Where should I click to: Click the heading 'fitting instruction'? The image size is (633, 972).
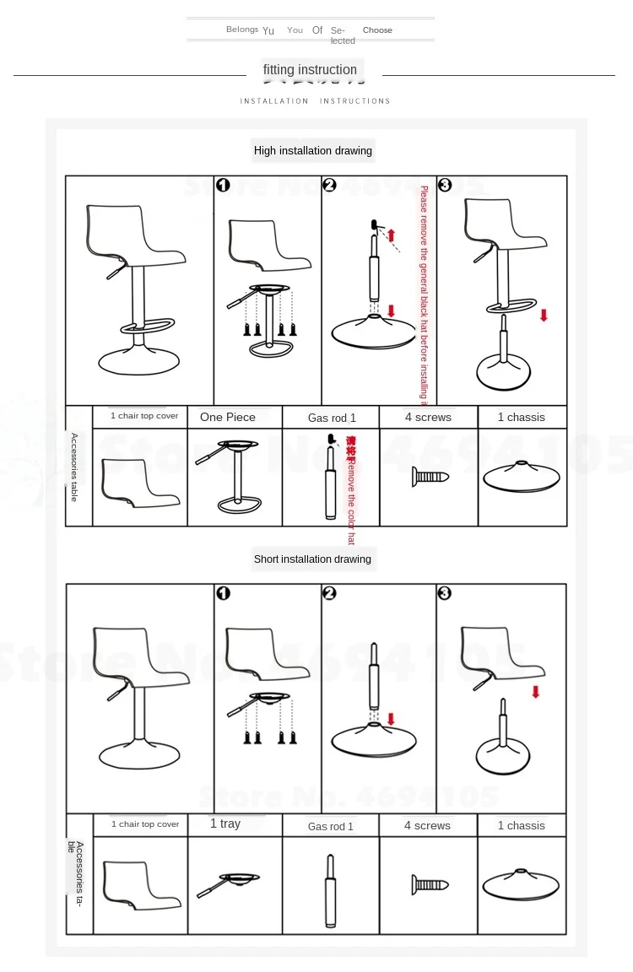[x=310, y=70]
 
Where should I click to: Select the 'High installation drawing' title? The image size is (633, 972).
[x=313, y=151]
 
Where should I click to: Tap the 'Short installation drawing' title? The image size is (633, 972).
[x=312, y=559]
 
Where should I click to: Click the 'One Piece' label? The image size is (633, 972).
[x=228, y=417]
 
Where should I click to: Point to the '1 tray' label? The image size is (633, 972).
[x=225, y=823]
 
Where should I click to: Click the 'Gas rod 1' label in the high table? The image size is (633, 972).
[x=332, y=418]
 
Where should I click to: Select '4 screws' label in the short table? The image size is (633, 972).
[x=427, y=825]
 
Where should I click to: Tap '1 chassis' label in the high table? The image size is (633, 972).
[x=521, y=417]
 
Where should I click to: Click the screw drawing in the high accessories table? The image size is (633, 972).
[x=430, y=477]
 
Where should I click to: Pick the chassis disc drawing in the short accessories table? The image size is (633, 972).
[x=521, y=884]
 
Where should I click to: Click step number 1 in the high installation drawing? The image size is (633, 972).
[x=223, y=186]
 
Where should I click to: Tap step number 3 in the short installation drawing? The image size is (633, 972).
[x=445, y=593]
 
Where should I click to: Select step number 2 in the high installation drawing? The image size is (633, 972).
[x=330, y=186]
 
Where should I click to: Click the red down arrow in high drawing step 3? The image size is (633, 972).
[x=544, y=315]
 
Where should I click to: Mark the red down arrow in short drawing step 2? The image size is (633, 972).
[x=391, y=719]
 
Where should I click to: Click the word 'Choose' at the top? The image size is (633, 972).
[x=377, y=30]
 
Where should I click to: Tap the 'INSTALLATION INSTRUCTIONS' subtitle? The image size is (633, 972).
[x=315, y=101]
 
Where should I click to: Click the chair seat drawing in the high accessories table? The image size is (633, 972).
[x=140, y=482]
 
